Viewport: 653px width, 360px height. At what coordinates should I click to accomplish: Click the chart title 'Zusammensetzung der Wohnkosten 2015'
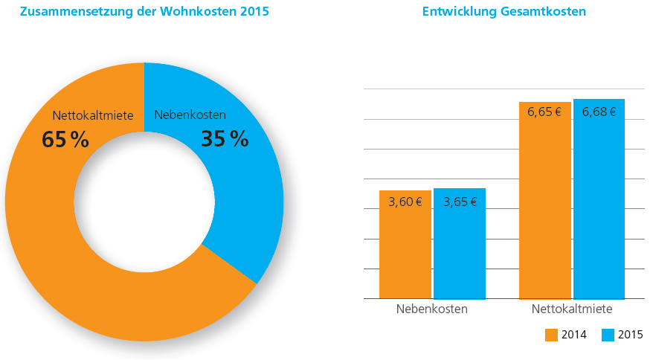144,11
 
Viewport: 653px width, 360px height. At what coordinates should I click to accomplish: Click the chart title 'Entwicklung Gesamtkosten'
504,11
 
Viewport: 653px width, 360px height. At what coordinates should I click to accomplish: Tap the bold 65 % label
65,140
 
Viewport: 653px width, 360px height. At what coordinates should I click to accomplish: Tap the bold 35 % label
225,139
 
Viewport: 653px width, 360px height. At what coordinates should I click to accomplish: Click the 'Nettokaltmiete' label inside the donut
93,115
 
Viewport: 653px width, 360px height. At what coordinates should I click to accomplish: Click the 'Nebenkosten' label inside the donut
190,115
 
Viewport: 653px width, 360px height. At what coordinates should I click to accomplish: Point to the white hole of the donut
144,202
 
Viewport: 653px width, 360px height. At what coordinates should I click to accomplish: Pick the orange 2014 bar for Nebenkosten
405,245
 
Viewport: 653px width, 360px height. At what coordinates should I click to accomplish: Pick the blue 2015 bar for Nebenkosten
460,244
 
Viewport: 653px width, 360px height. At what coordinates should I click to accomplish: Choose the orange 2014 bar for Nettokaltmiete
544,200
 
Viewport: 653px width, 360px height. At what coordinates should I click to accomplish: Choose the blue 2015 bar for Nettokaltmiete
599,199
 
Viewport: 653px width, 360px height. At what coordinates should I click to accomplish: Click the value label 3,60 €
405,202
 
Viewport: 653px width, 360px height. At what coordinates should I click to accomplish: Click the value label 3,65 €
460,202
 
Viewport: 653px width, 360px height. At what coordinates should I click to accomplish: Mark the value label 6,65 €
544,112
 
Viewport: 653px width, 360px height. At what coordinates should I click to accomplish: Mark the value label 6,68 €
599,112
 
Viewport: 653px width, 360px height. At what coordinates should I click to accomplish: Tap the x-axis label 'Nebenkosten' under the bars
432,309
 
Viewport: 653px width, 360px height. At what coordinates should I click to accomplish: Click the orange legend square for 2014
551,335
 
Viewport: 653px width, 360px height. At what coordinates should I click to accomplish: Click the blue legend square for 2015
608,335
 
